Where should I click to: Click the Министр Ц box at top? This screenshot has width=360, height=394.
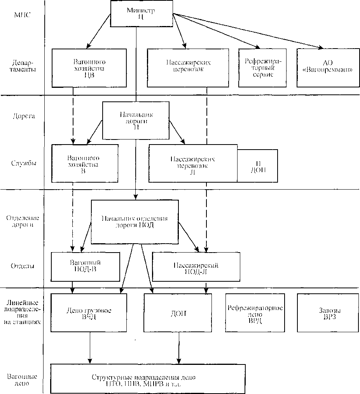coord(141,14)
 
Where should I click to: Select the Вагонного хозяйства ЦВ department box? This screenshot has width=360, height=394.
coord(89,68)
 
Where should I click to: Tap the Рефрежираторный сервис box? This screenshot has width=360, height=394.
coord(262,68)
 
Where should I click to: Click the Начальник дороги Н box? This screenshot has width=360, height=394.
coord(136,120)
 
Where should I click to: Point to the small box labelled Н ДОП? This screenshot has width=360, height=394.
coord(258,166)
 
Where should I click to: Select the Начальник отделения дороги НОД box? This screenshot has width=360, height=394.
coord(135,222)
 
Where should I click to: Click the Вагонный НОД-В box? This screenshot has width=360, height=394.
coord(86,266)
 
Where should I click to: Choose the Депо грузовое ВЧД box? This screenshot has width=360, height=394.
coord(89,312)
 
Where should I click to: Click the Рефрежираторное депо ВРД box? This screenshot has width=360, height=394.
coord(255,312)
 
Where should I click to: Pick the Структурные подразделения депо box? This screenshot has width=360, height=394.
coord(148,379)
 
